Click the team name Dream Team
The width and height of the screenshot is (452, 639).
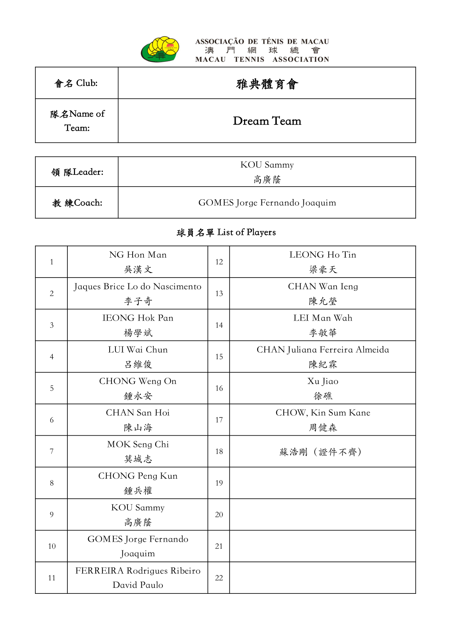[x=267, y=121]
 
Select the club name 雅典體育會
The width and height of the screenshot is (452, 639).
[x=267, y=84]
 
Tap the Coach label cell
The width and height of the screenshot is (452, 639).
[x=77, y=203]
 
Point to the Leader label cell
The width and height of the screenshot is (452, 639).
[x=77, y=172]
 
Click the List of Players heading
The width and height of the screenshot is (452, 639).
[x=226, y=232]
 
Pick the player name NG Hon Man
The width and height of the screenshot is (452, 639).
[x=138, y=255]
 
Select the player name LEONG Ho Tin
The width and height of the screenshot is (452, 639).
[x=323, y=255]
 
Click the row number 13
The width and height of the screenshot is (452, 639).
[x=219, y=294]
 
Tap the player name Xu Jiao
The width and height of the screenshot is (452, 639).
[x=323, y=381]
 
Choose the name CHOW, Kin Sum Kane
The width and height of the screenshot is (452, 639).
[x=323, y=413]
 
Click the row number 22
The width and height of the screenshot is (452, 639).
[x=219, y=578]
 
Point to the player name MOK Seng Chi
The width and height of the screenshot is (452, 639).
[x=138, y=444]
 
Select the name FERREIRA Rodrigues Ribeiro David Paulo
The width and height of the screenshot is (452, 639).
[x=138, y=578]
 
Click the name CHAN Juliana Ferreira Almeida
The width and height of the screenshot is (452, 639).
[x=323, y=350]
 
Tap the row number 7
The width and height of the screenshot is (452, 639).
[x=52, y=452]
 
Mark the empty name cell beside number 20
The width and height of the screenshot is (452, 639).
[x=322, y=514]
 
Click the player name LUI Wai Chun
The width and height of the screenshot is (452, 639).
[x=138, y=350]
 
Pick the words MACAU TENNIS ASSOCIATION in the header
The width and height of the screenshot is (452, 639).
[x=262, y=59]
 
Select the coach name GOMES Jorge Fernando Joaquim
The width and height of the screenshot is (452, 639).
[x=267, y=203]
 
